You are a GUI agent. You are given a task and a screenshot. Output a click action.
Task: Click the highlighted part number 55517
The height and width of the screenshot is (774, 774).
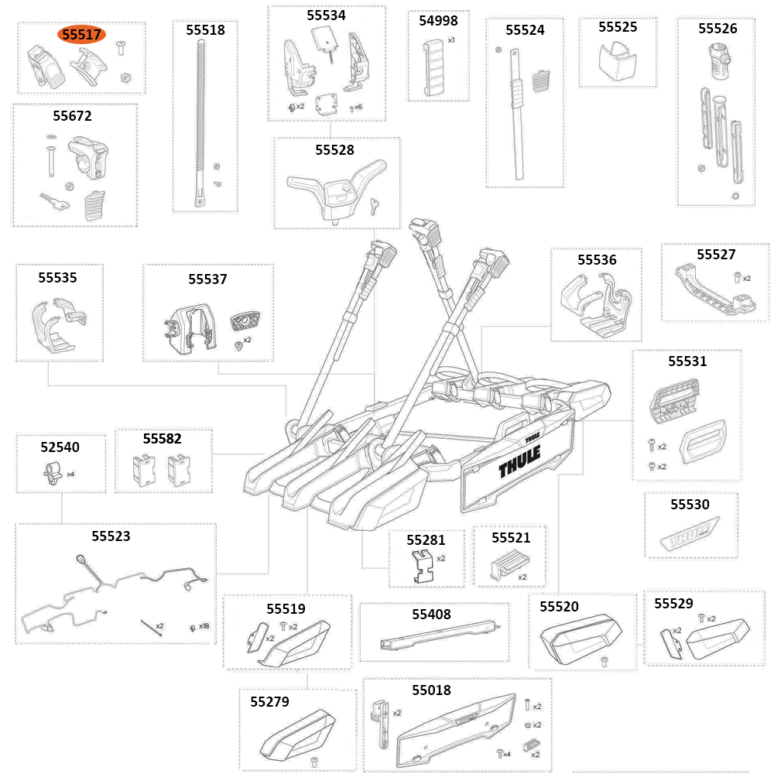(81, 35)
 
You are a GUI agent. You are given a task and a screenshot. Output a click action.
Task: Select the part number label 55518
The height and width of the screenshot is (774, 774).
(205, 30)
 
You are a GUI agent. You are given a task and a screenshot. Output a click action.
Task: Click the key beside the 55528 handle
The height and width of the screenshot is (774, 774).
(375, 204)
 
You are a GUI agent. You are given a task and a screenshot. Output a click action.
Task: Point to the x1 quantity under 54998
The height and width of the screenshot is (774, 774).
(451, 39)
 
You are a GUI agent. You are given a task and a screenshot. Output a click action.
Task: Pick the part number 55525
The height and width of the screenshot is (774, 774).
(618, 27)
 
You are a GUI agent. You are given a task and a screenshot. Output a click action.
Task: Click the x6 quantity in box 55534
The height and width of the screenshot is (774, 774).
(358, 106)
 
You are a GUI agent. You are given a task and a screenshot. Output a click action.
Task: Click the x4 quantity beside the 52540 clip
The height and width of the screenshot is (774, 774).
(70, 474)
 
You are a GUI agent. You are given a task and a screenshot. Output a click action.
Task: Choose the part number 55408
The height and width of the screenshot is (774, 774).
(431, 614)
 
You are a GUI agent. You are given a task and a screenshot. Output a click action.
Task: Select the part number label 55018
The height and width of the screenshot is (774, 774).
(431, 690)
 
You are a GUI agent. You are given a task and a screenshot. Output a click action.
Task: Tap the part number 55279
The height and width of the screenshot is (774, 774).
(269, 702)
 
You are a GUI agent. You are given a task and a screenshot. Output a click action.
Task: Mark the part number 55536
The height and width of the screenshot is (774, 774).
(598, 260)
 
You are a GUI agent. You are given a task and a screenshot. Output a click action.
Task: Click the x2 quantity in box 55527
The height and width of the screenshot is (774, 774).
(747, 278)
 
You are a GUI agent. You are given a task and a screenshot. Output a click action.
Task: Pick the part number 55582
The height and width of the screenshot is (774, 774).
(162, 439)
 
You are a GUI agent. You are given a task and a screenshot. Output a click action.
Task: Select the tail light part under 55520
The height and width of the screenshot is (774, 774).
(580, 639)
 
